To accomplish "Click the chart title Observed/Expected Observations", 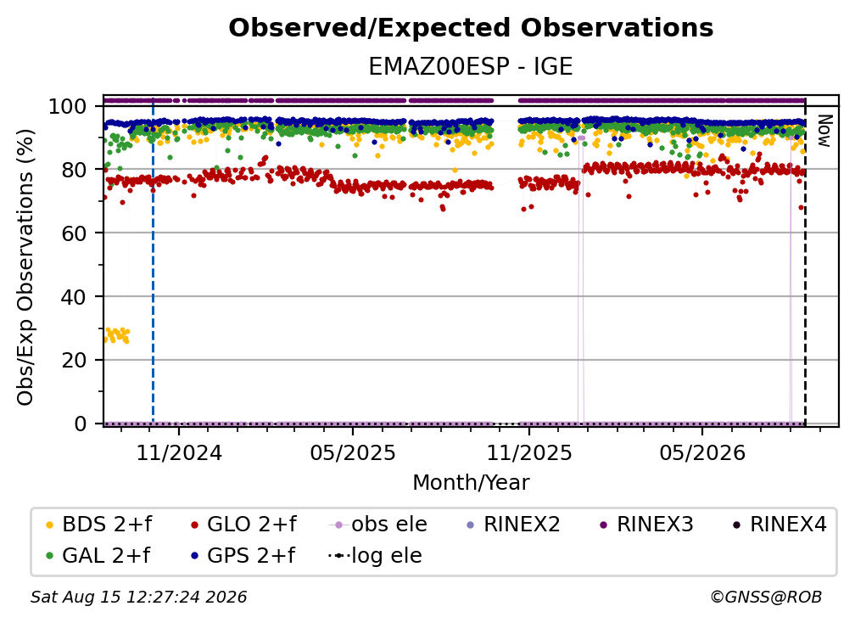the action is (471, 28).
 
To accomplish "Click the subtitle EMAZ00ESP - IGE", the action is (471, 66).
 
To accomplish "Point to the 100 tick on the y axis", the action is (67, 106).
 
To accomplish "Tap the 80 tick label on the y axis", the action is (74, 170).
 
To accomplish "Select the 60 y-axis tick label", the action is (74, 233).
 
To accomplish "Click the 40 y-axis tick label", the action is (74, 297).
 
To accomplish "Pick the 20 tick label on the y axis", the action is (74, 360).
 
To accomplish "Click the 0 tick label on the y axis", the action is (80, 424).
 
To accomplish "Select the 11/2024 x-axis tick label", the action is (179, 453).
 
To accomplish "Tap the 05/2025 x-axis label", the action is (353, 453).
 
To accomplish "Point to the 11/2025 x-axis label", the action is (529, 453).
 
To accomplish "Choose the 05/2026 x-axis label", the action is (702, 453).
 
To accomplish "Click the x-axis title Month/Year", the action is (471, 483).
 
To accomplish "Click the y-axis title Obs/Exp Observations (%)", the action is (25, 267).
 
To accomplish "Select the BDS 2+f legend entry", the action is (98, 525).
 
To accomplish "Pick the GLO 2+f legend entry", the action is (243, 525).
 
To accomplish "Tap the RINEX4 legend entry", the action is (780, 525).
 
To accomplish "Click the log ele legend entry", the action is (375, 556).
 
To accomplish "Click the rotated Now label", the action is (824, 131).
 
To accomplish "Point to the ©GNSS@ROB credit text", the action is (766, 598).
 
